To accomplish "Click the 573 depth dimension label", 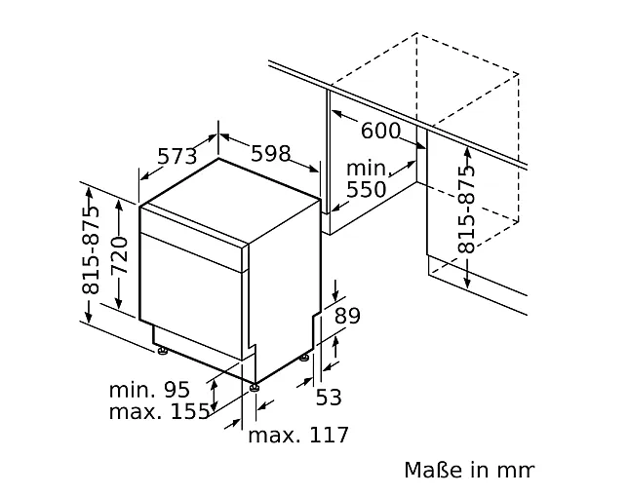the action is [x=177, y=156].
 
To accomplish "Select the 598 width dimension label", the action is [x=270, y=154].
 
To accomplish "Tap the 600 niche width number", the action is [x=380, y=131].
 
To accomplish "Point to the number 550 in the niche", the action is [x=366, y=190].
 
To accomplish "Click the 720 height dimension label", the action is [x=120, y=255].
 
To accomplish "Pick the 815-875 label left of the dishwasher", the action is [x=91, y=250].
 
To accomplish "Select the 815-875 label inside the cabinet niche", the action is [x=466, y=209].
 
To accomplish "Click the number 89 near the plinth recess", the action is [x=347, y=316].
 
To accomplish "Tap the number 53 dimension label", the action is [x=329, y=398].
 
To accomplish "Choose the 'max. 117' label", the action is [x=298, y=435].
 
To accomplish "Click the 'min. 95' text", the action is [x=149, y=389].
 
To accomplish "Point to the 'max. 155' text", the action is [x=159, y=411].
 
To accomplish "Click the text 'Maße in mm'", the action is [x=469, y=470].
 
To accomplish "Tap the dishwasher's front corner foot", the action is [x=254, y=388].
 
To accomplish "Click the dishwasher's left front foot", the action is [x=163, y=351].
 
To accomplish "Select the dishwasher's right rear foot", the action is [x=305, y=357].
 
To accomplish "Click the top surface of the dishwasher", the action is [x=230, y=201].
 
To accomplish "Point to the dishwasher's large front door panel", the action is [x=191, y=296].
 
